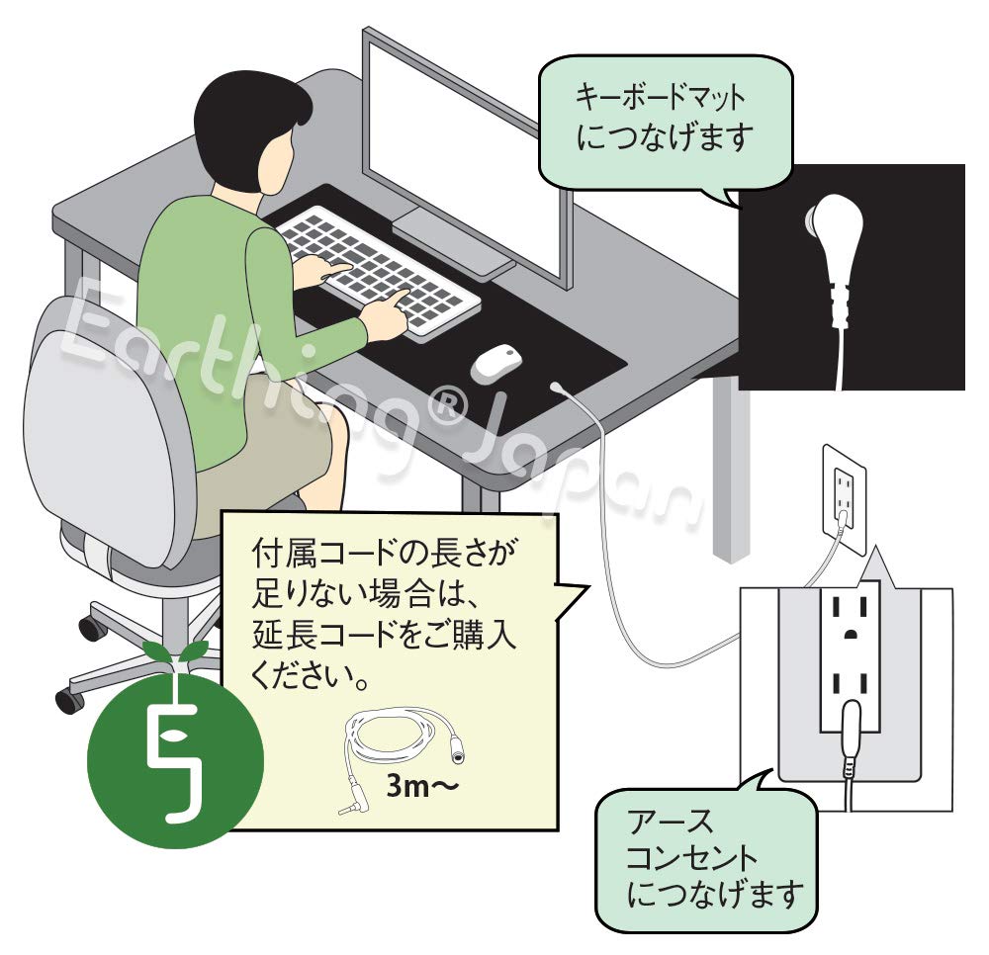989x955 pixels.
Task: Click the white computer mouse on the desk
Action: click(x=496, y=363)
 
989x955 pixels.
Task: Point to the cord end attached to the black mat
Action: click(x=560, y=389)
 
